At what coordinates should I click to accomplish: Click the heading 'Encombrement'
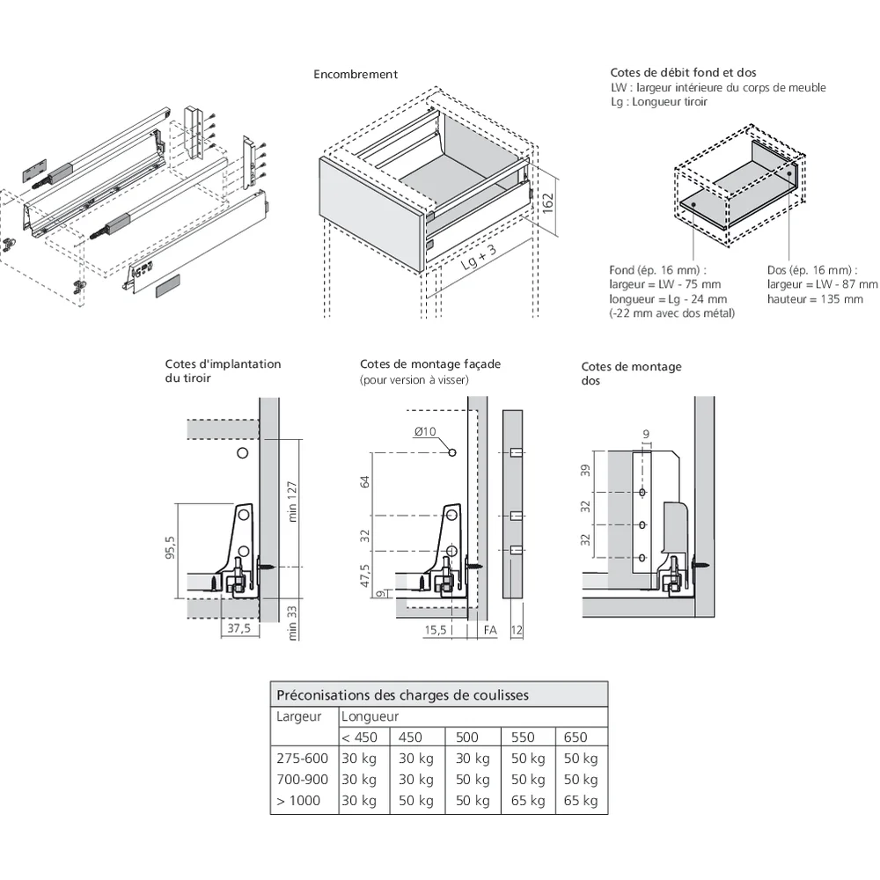coord(356,75)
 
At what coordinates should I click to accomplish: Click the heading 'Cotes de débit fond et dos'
coord(683,73)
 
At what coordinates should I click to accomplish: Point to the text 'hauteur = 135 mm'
coord(815,299)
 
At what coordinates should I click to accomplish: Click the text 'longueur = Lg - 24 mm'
coord(666,299)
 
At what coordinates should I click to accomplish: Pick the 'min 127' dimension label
coord(293,502)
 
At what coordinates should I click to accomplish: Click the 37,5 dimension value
coord(234,629)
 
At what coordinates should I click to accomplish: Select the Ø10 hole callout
coord(425,431)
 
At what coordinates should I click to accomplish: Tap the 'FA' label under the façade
coord(490,629)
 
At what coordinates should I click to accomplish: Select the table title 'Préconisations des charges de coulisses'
coord(402,694)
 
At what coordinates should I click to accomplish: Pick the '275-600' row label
coord(302,759)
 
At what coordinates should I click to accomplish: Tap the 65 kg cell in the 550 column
coord(527,801)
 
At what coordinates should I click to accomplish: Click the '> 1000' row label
coord(298,801)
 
